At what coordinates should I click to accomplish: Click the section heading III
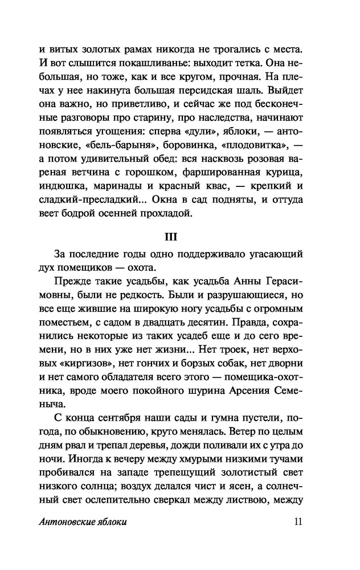point(180,236)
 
